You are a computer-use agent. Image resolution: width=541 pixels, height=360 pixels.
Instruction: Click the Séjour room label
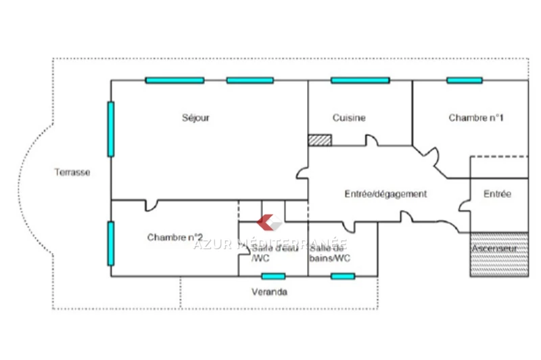[x=196, y=117]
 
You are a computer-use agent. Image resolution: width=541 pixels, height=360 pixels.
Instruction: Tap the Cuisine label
[x=349, y=117]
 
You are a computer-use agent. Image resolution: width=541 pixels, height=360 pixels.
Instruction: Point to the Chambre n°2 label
[x=175, y=237]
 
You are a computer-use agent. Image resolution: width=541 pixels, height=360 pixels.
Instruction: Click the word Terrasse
[x=72, y=172]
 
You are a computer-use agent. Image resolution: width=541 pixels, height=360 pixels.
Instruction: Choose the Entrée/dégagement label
[x=385, y=194]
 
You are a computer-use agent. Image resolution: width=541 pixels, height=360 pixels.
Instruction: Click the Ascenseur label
[x=494, y=249]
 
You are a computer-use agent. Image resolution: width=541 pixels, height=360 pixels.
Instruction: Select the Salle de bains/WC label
[x=330, y=253]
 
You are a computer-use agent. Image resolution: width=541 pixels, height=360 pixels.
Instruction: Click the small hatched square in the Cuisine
[x=320, y=139]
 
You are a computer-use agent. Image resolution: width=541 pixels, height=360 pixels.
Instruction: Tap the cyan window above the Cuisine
[x=360, y=81]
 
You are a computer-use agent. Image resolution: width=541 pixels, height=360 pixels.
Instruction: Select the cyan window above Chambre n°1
[x=465, y=81]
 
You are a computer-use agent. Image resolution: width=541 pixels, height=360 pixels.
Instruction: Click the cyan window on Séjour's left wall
[x=111, y=129]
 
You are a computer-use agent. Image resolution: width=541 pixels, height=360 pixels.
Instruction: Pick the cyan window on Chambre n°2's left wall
[x=111, y=244]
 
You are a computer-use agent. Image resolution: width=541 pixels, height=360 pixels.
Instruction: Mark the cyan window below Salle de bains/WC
[x=343, y=276]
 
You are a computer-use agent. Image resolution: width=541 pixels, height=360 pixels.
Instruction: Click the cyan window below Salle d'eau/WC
[x=273, y=276]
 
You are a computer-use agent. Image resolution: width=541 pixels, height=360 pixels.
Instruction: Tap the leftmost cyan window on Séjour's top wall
[x=174, y=81]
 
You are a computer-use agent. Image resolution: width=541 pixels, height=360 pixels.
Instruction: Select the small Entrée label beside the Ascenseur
[x=497, y=194]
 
